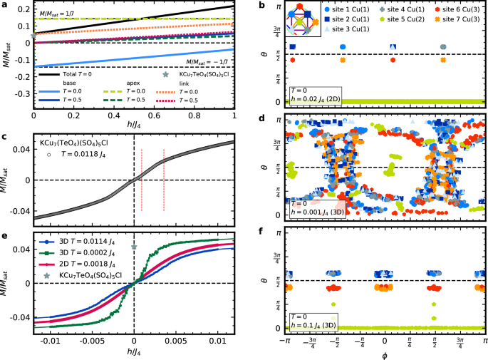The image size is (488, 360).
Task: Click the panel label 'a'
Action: (4, 5)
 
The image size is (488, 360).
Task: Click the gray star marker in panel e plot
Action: (134, 247)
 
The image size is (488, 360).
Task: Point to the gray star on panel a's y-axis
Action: (34, 35)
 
